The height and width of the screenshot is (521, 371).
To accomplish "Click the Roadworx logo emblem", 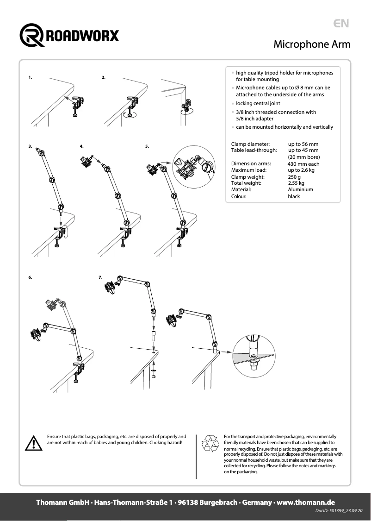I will pos(31,35).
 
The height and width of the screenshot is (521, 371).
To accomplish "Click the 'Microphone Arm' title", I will pos(312,44).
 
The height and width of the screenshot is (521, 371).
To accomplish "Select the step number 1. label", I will pos(30,77).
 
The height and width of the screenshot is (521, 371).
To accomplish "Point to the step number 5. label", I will pos(147,146).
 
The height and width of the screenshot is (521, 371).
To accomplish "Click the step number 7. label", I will pos(100,277).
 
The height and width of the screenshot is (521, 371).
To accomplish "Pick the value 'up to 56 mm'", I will pos(303,144).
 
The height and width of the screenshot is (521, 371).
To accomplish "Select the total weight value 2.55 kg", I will pos(296,183).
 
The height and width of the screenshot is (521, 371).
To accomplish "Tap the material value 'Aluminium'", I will pos(300,189).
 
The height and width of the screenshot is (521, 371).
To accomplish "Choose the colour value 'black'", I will pos(294,196).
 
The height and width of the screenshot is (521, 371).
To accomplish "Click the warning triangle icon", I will pos(33,443).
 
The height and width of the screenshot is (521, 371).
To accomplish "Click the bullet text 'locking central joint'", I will pos(258,103).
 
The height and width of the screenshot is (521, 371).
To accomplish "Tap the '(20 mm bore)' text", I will pos(303,157).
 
